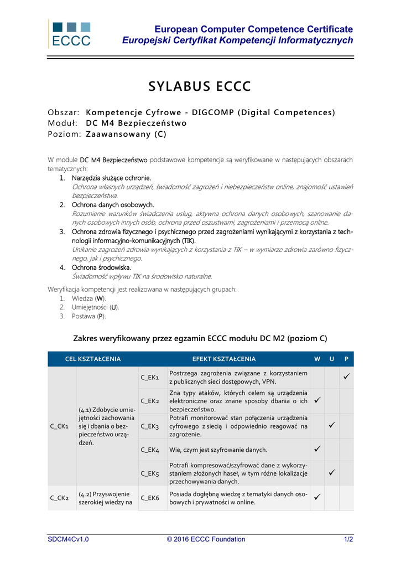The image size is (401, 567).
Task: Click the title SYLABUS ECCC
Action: point(200,87)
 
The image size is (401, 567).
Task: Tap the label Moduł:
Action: point(62,123)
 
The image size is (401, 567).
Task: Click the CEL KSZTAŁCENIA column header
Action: point(93,359)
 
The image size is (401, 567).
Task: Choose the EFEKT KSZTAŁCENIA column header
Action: point(224,359)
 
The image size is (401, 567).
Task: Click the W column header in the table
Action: point(317,359)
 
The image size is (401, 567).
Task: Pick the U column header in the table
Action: point(332,359)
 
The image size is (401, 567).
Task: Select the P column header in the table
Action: point(346,359)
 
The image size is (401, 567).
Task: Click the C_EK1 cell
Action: point(149,378)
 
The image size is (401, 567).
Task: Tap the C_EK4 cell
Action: point(149,450)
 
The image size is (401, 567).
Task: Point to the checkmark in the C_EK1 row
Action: point(346,377)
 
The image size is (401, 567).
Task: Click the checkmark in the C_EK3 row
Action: point(332,426)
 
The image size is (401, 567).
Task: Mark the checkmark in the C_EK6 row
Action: point(317,498)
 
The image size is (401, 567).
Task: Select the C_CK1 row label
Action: point(59,426)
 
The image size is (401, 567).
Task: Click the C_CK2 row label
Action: point(59,498)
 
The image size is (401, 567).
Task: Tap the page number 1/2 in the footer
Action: point(348,539)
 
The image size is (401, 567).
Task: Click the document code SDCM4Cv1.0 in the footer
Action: point(68,539)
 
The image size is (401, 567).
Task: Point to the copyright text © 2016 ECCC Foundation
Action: point(206,539)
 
